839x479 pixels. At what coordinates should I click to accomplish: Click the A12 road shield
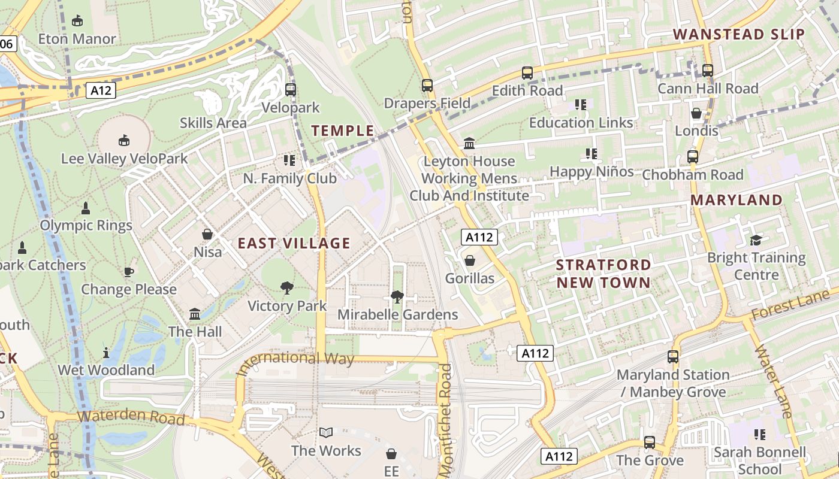[100, 90]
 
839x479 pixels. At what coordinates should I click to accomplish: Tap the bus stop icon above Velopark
[291, 90]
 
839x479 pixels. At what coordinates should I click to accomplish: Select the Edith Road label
[527, 90]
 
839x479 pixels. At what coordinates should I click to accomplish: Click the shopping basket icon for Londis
[696, 113]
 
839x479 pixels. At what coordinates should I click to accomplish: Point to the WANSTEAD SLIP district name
[739, 34]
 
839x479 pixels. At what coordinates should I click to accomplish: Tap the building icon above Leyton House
[469, 144]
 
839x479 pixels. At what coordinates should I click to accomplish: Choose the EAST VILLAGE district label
[294, 243]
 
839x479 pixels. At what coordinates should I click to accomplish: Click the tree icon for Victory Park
[287, 288]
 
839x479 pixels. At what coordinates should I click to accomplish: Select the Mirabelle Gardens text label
[397, 314]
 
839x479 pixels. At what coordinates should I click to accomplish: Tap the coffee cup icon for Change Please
[128, 272]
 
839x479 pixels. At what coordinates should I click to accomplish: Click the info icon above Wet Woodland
[106, 353]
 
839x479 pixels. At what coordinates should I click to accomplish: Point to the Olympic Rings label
[86, 226]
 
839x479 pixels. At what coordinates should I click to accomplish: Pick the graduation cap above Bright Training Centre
[756, 240]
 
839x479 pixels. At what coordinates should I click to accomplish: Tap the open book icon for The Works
[326, 432]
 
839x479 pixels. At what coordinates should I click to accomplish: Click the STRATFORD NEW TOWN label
[603, 274]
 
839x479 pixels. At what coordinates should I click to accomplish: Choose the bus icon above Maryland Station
[673, 357]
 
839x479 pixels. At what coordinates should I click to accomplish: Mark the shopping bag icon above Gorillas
[470, 260]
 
